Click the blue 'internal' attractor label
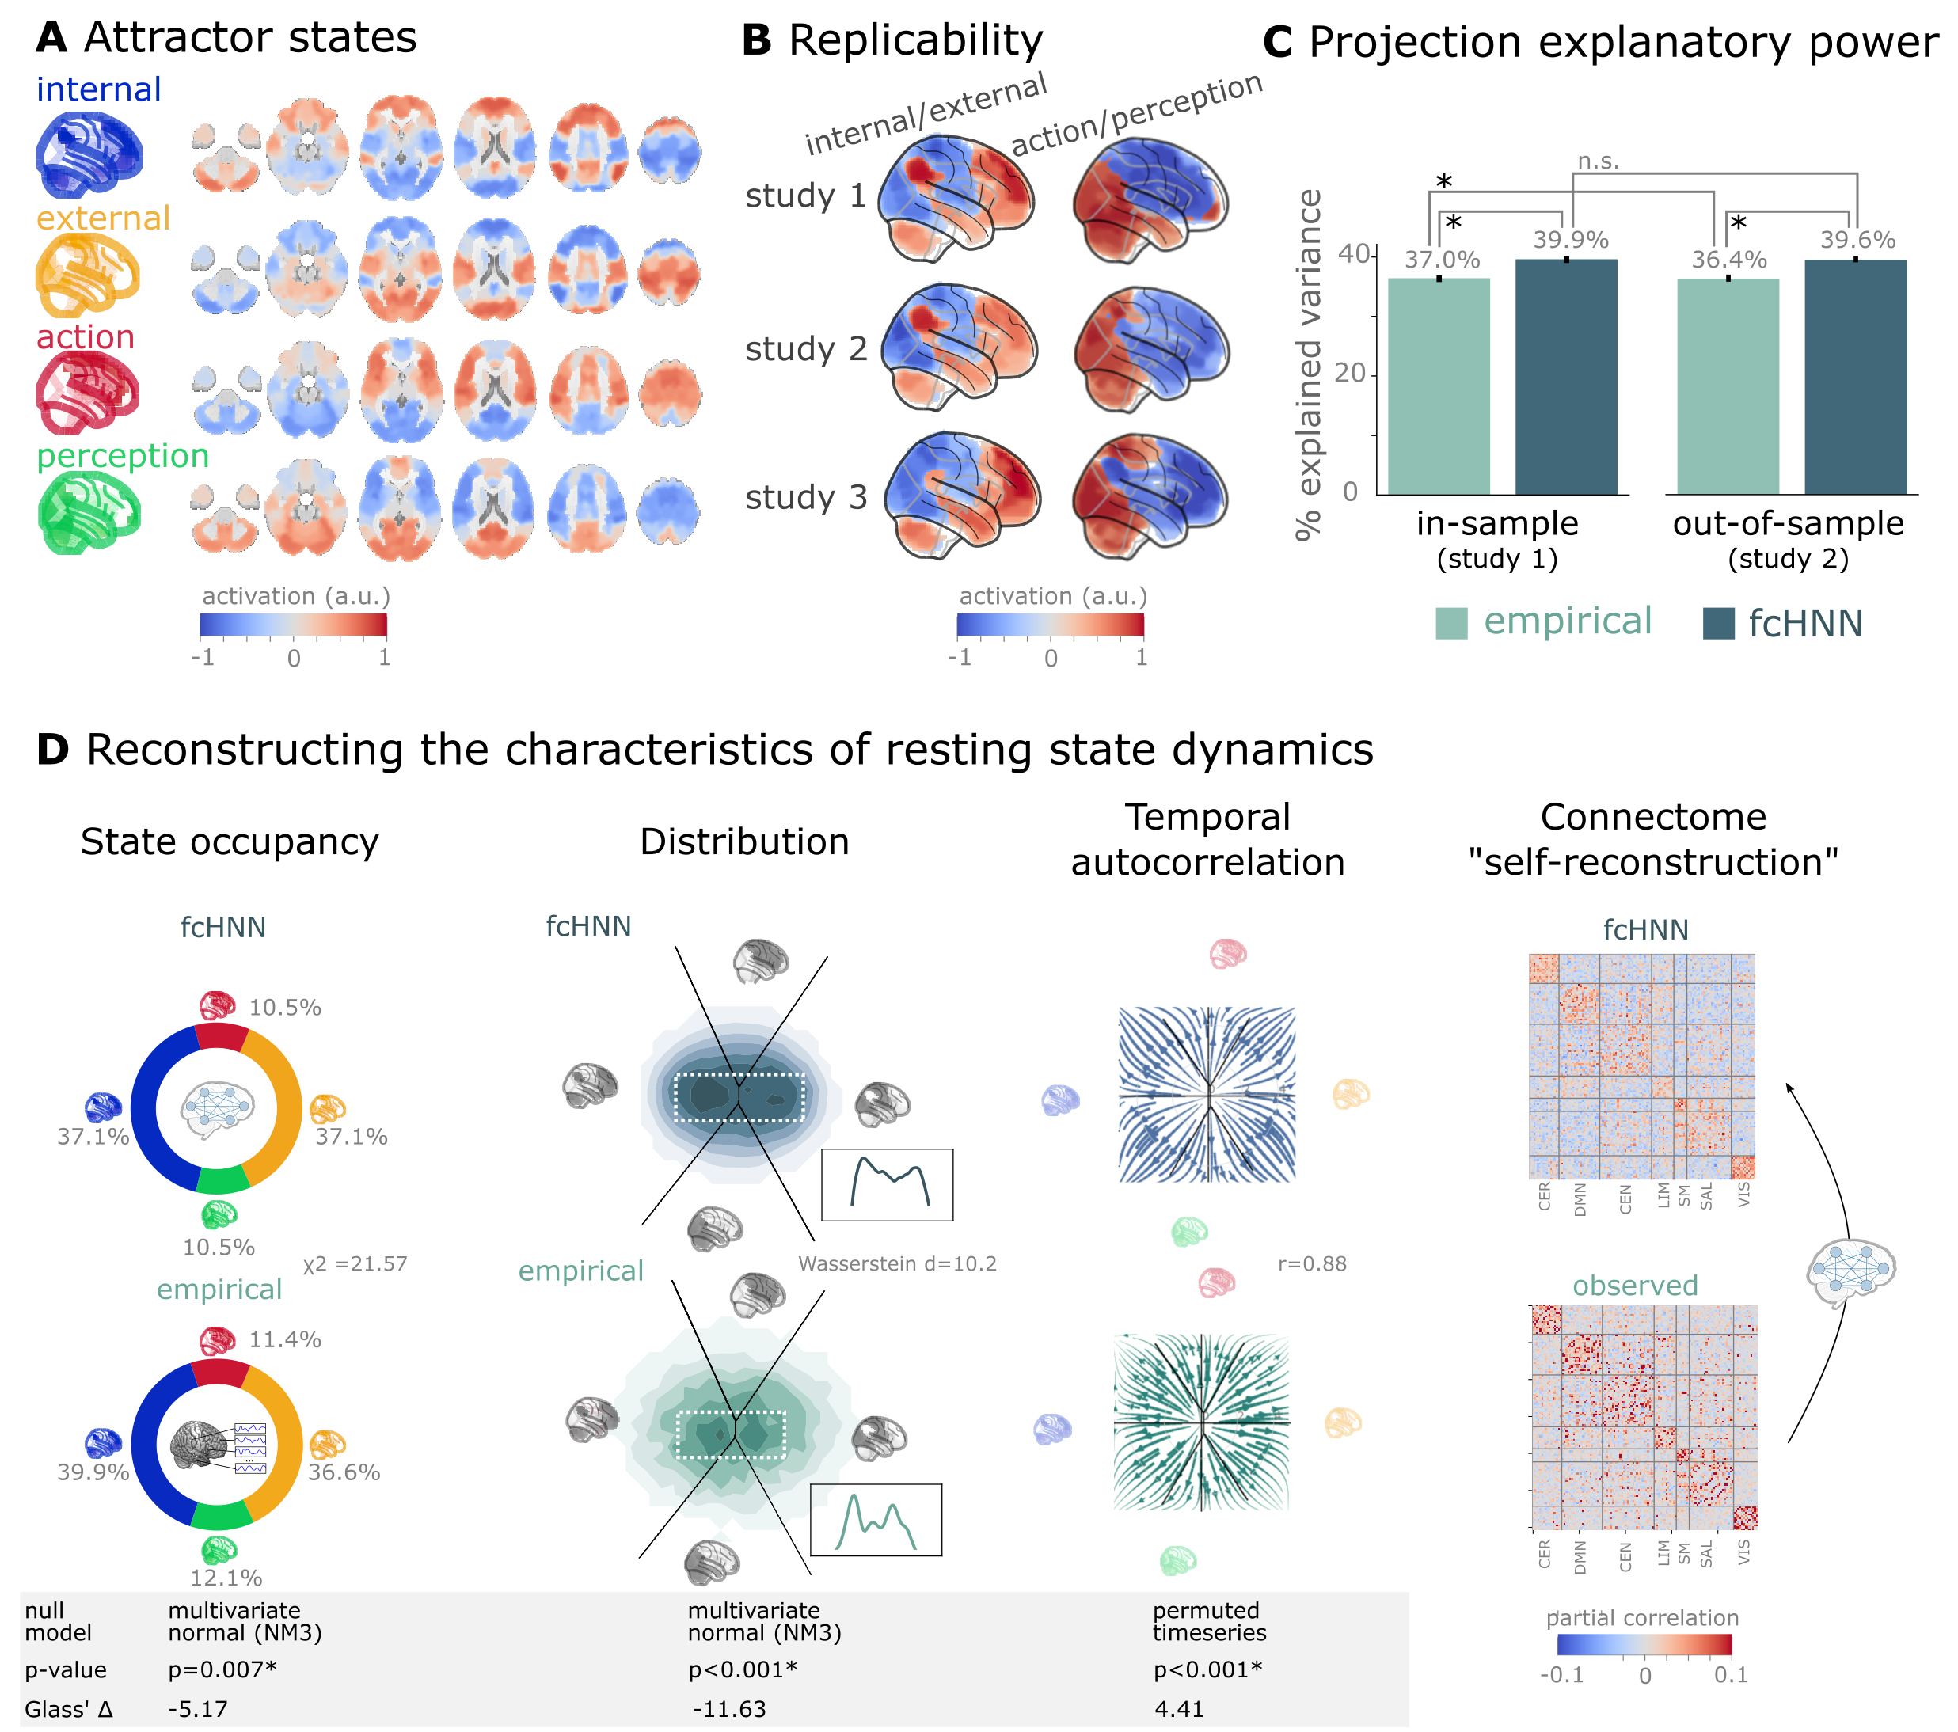pyautogui.click(x=99, y=90)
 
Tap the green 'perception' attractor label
pyautogui.click(x=123, y=456)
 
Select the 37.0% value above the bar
pyautogui.click(x=1442, y=260)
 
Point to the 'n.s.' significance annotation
pyautogui.click(x=1598, y=161)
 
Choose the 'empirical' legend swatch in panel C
pyautogui.click(x=1451, y=623)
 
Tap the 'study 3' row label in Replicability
pyautogui.click(x=806, y=498)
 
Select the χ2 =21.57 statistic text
pyautogui.click(x=355, y=1263)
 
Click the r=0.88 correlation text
pyautogui.click(x=1311, y=1263)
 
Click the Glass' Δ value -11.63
pyautogui.click(x=729, y=1709)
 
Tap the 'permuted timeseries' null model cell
pyautogui.click(x=1208, y=1622)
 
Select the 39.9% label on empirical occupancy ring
pyautogui.click(x=93, y=1472)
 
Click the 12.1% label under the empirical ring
pyautogui.click(x=226, y=1578)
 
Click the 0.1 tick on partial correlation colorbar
pyautogui.click(x=1730, y=1676)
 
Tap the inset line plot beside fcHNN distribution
pyautogui.click(x=887, y=1185)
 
